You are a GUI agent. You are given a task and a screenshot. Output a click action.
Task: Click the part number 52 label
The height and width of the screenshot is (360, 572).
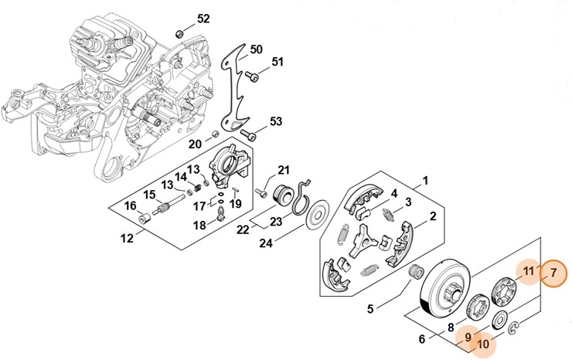203,18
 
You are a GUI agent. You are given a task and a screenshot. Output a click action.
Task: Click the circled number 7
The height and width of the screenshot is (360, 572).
553,272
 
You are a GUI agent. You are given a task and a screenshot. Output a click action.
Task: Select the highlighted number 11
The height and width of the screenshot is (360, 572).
529,270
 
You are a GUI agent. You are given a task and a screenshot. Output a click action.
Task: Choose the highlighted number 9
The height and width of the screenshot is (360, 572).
468,337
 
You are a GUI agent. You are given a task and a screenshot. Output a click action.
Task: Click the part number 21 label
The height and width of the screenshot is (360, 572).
284,170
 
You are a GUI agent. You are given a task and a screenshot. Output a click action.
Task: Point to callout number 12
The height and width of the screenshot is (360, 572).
127,239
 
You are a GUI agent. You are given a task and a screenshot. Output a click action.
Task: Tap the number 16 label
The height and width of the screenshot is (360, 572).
131,205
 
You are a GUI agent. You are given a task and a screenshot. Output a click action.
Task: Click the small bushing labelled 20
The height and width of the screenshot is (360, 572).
216,135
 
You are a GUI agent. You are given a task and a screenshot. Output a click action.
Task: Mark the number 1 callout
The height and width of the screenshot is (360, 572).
424,183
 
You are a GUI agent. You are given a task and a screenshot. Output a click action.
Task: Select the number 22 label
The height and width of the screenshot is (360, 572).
242,229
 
